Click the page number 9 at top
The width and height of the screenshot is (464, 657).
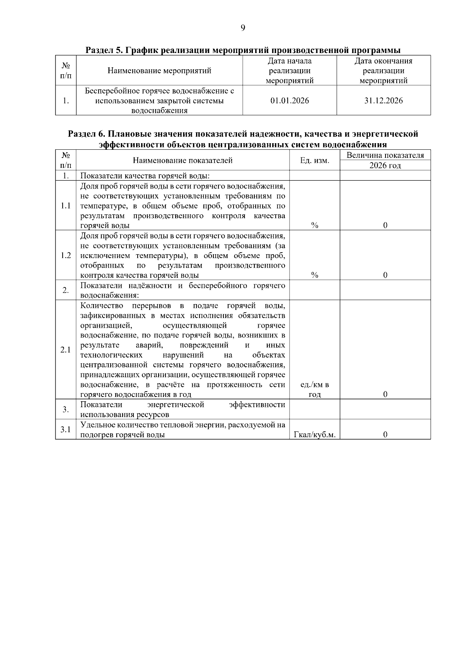pos(243,28)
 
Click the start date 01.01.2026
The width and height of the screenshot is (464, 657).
pos(290,101)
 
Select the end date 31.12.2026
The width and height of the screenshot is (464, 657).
pos(383,101)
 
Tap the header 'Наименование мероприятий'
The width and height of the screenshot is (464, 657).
pos(159,71)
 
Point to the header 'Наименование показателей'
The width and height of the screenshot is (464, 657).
pos(183,160)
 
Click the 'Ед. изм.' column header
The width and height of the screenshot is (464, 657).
pos(314,160)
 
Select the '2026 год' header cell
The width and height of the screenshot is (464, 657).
pos(385,166)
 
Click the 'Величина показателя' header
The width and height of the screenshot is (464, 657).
pos(385,156)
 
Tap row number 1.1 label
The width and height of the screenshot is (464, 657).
pos(66,205)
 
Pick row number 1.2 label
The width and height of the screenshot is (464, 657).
pos(66,255)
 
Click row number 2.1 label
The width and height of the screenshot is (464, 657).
pos(66,350)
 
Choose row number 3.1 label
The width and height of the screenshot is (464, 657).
pos(66,429)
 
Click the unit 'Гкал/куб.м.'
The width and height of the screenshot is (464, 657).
pos(314,435)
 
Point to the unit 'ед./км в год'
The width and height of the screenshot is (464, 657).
pos(314,390)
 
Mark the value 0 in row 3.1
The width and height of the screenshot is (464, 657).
pos(385,435)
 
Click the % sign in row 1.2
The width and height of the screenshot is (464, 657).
pos(314,275)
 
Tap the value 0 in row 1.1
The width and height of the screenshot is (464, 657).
pos(385,226)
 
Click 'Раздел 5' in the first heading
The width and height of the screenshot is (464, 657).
pos(101,50)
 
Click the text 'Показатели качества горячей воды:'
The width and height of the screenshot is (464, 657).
pos(145,176)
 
